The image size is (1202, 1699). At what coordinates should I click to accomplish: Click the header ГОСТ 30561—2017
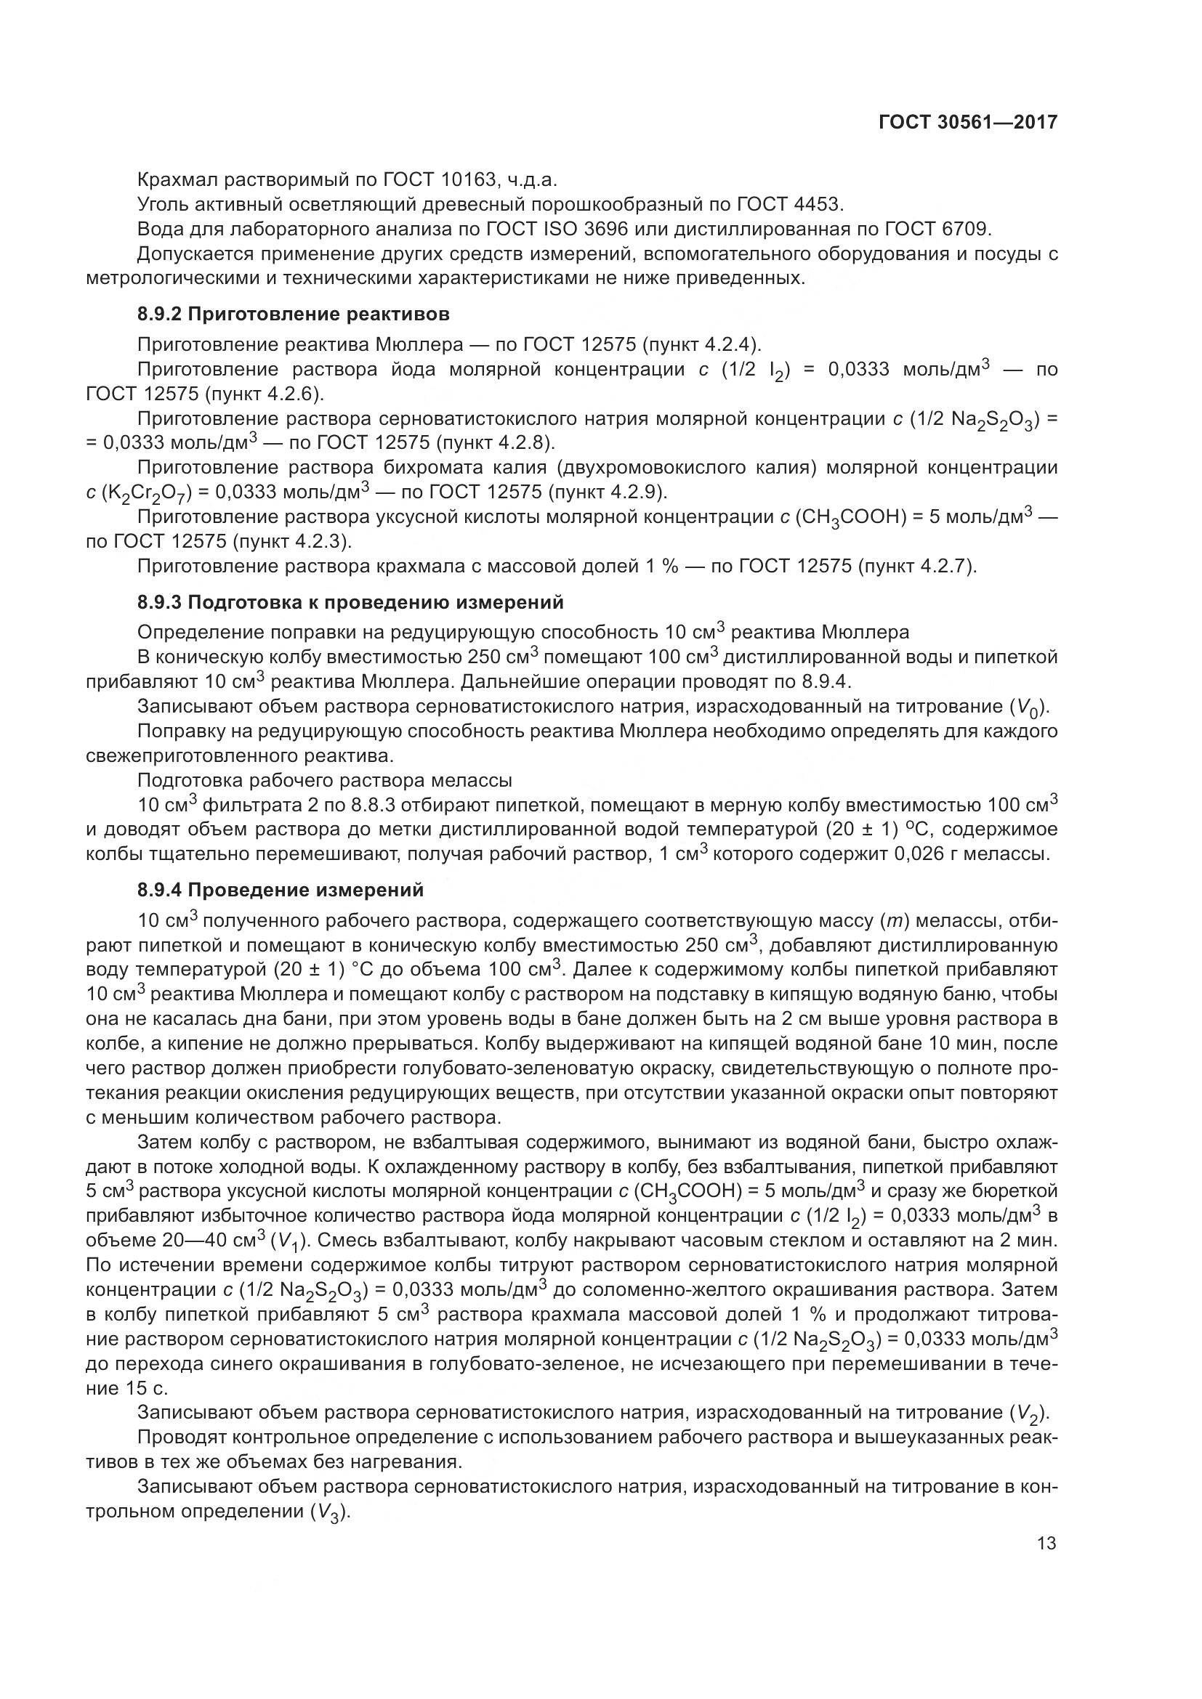tap(967, 122)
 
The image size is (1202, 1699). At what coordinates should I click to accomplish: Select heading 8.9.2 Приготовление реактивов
tap(293, 314)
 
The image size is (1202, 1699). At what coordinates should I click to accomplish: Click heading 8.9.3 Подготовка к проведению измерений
tap(350, 602)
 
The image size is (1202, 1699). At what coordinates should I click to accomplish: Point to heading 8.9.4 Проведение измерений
tap(281, 891)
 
